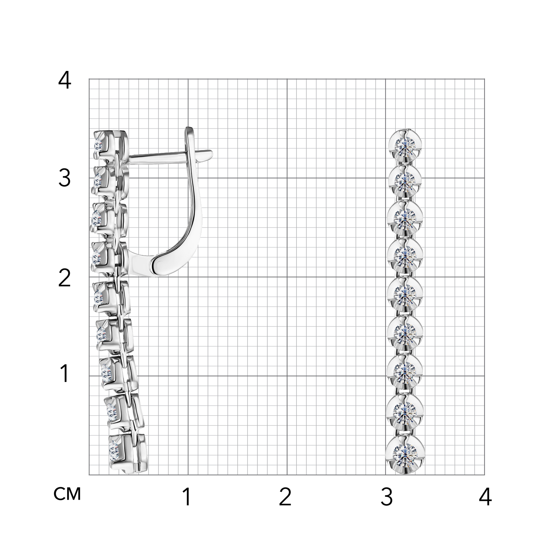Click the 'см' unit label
[x=67, y=494]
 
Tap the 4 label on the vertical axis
[x=65, y=80]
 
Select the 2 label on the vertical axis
[x=65, y=278]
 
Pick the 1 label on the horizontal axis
[x=187, y=497]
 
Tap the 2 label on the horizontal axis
[x=285, y=497]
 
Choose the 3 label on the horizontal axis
[x=386, y=497]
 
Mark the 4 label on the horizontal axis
[x=485, y=497]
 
